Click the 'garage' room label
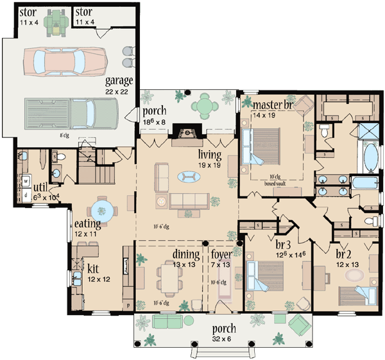(x=120, y=81)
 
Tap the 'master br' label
(x=273, y=105)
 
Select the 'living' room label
(x=210, y=155)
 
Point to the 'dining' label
(x=187, y=253)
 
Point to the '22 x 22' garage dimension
(x=119, y=92)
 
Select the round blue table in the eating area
(x=103, y=209)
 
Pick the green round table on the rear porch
(x=204, y=104)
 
